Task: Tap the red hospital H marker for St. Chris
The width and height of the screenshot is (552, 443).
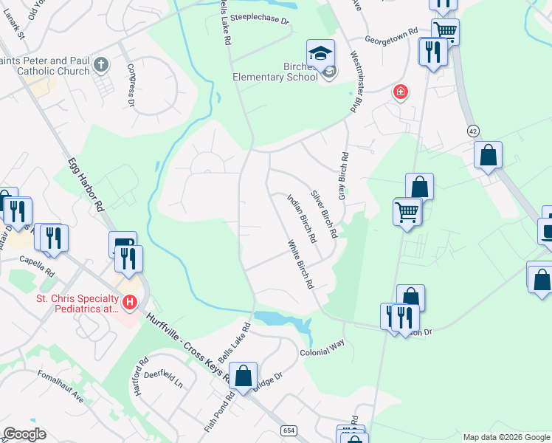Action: (x=130, y=302)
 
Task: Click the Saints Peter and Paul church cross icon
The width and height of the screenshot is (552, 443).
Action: (x=102, y=66)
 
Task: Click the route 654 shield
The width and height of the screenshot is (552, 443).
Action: (x=289, y=430)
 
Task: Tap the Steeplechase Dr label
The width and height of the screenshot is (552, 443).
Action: (x=260, y=18)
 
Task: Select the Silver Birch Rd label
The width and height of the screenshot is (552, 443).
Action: (x=324, y=214)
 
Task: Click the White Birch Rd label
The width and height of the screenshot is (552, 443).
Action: (x=302, y=264)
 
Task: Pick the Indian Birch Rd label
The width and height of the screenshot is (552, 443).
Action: (x=301, y=219)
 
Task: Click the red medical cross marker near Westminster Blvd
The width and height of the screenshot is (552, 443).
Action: (x=401, y=92)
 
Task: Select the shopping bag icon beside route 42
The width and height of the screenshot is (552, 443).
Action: (x=488, y=155)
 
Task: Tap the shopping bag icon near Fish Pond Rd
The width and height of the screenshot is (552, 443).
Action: (x=243, y=376)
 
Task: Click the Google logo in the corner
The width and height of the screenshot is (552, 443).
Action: (x=24, y=434)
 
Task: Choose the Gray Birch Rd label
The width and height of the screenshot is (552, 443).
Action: (x=342, y=176)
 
